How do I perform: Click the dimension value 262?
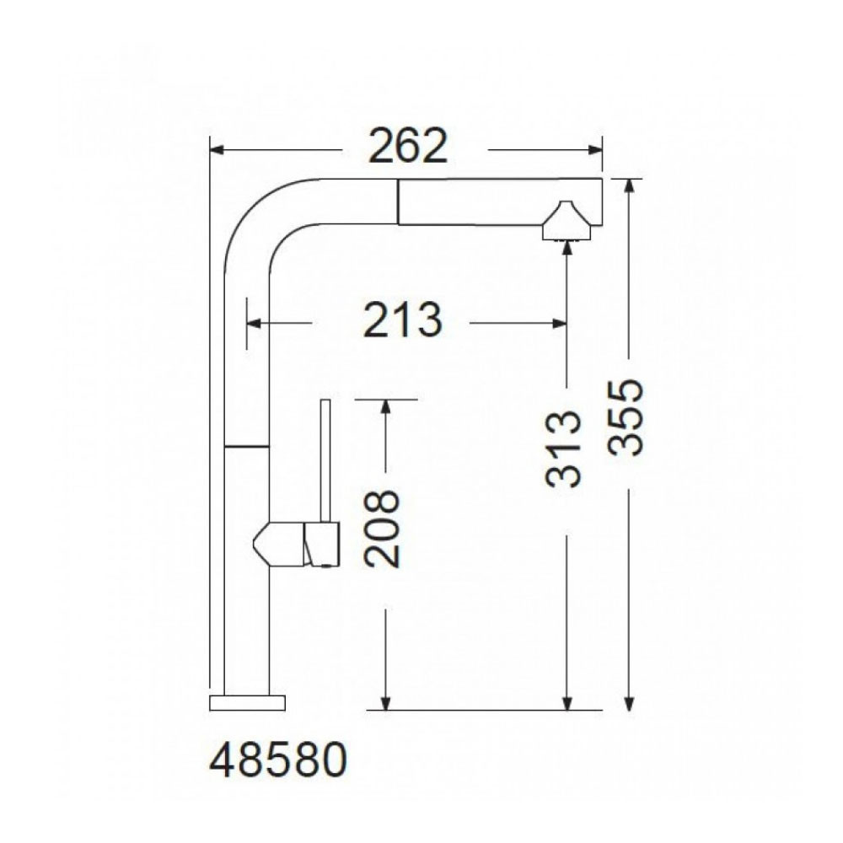[407, 146]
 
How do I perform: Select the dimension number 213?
[403, 320]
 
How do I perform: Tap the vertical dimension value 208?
[382, 529]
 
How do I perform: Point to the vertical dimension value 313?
[563, 449]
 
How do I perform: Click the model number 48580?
[278, 760]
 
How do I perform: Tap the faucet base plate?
[247, 703]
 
